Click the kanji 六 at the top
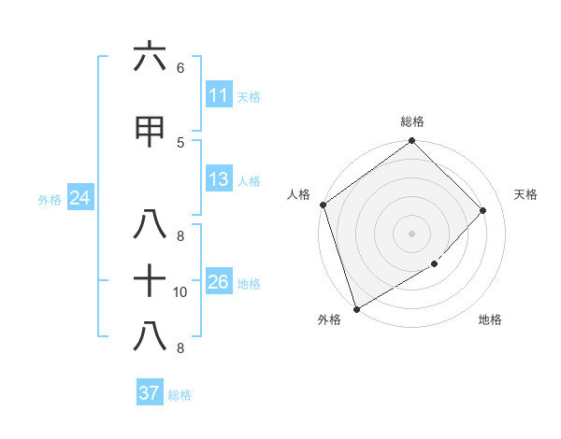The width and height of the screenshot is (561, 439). [150, 57]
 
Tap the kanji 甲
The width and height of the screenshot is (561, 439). [150, 132]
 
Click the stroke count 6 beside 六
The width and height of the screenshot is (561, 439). [180, 67]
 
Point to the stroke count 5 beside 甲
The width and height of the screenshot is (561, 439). [180, 142]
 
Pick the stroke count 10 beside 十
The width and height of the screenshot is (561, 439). [180, 292]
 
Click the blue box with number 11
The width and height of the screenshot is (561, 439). [218, 95]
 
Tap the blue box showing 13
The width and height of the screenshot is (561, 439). [218, 179]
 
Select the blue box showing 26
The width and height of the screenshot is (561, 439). [218, 282]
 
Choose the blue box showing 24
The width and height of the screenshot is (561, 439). [79, 198]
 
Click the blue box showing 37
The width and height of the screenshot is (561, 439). [149, 393]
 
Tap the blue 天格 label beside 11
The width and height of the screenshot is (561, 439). [249, 96]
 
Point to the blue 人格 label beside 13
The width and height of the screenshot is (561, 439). [249, 180]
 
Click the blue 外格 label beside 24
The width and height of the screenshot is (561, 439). [50, 199]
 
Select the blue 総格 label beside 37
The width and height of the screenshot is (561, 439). [180, 394]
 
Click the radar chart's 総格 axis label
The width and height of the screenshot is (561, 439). [412, 121]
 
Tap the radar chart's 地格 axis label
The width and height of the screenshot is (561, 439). [490, 319]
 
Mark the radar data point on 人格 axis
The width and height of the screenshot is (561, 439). [324, 205]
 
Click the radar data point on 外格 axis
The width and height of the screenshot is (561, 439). [356, 308]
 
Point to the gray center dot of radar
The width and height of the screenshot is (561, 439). [412, 233]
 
